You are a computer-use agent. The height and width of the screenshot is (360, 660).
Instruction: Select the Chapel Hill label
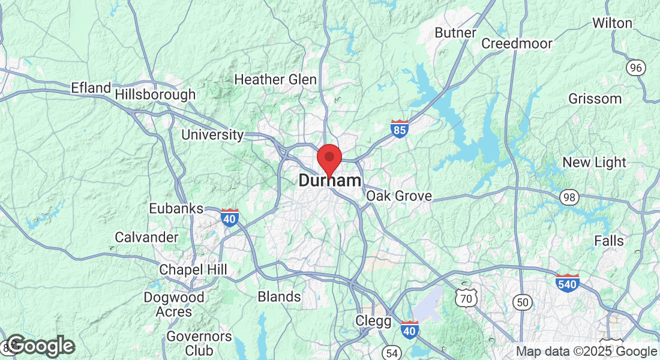click(x=193, y=270)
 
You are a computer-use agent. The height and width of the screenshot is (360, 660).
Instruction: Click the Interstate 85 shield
click(x=400, y=128)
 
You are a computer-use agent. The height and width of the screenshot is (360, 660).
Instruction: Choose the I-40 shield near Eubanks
click(x=229, y=217)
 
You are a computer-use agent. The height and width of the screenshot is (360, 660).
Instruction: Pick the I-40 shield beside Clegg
click(x=410, y=329)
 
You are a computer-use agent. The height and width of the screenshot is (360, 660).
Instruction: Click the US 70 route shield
click(x=466, y=296)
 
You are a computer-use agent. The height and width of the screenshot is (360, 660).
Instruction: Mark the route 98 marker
click(x=569, y=196)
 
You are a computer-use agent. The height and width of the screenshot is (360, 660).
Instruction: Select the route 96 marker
click(x=635, y=67)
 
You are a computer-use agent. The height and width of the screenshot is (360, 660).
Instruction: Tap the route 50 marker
click(x=523, y=302)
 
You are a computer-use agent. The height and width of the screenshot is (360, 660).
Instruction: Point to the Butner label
click(x=455, y=32)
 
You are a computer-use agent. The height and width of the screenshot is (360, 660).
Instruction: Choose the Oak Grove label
click(x=399, y=196)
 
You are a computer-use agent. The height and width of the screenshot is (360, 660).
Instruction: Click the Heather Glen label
click(x=275, y=79)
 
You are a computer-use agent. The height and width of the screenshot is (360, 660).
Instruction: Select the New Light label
click(x=594, y=163)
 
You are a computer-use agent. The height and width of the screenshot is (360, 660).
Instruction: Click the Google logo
click(x=41, y=346)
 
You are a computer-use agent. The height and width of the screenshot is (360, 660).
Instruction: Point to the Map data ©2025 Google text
click(x=586, y=352)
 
